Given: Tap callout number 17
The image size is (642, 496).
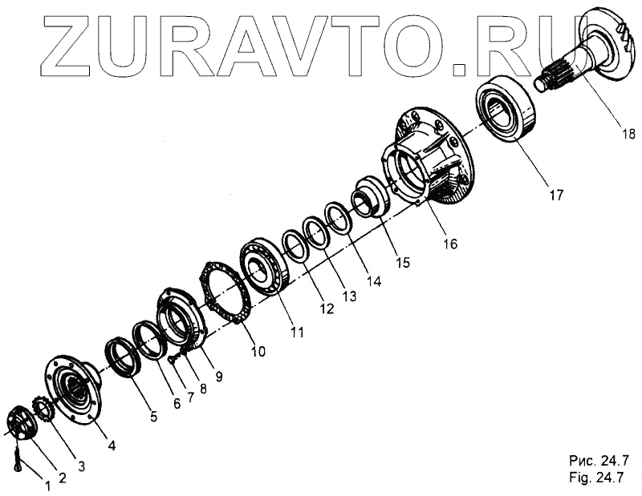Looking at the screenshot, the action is [x=556, y=195].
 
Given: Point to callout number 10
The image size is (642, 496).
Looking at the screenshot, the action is [x=259, y=351].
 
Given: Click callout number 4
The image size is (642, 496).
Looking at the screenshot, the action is [x=112, y=445].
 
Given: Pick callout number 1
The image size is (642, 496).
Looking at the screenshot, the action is [x=47, y=485].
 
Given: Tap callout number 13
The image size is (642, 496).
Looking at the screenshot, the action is [x=347, y=296].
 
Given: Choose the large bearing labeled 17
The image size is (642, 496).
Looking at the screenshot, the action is [x=506, y=109].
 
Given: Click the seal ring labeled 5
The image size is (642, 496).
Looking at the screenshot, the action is [x=124, y=357].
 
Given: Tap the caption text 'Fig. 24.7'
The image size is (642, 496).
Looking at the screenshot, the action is [x=597, y=478].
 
